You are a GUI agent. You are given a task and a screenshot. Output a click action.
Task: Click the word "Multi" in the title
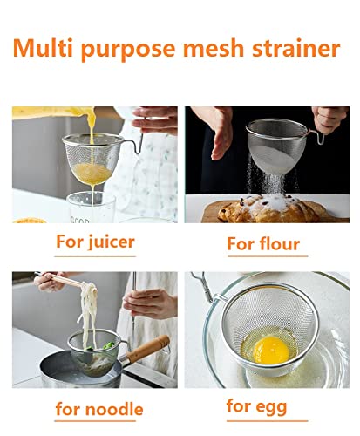[x=43, y=48]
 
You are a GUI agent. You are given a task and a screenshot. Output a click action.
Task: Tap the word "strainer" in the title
[x=296, y=48]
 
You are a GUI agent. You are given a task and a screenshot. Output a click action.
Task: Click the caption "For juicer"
[x=95, y=242]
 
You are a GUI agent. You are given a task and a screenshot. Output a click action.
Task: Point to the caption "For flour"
[x=263, y=243]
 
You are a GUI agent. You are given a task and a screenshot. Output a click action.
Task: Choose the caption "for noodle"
[x=99, y=409]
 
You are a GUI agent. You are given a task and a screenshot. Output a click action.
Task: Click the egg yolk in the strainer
[x=271, y=350]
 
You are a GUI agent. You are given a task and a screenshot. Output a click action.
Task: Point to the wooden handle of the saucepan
[x=148, y=349]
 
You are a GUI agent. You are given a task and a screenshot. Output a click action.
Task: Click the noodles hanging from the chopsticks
[x=88, y=312]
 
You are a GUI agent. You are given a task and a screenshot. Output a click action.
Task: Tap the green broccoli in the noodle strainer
[x=108, y=345]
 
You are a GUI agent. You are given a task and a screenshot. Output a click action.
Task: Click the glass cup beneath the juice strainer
[x=91, y=208]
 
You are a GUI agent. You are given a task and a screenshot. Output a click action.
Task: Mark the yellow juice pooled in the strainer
[x=92, y=174]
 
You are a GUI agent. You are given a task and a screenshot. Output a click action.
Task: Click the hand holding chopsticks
[x=49, y=281]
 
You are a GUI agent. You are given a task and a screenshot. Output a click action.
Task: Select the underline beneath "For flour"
[x=268, y=256]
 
